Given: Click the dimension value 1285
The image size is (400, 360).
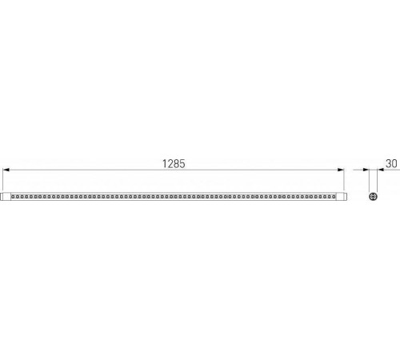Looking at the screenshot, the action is [x=174, y=164].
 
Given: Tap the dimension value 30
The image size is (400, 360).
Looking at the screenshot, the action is [x=391, y=163].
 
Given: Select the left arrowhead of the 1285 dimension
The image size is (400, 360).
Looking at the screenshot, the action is [x=6, y=170].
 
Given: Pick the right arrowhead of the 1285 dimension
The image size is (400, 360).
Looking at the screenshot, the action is [x=341, y=170].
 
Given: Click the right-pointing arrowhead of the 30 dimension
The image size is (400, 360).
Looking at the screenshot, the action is [x=366, y=170].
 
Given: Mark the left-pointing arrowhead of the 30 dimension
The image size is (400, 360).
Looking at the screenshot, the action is [x=381, y=170].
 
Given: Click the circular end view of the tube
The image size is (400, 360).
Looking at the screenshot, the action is [x=373, y=197].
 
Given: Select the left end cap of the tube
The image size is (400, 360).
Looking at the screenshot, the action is [x=6, y=197].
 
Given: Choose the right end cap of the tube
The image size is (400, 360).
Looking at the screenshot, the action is [x=342, y=197].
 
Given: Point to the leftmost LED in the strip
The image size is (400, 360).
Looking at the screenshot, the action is [x=13, y=197].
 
